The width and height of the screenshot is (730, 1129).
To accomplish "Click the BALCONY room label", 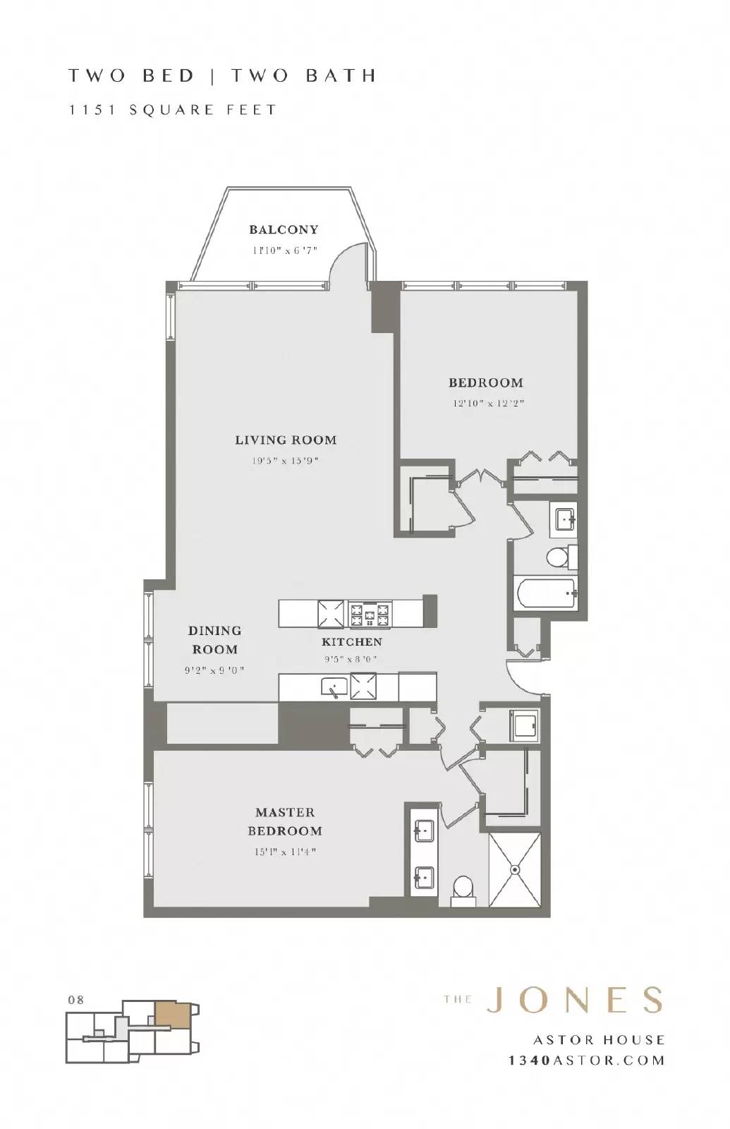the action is click(x=284, y=230).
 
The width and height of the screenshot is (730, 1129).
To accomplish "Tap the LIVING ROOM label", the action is click(x=286, y=440).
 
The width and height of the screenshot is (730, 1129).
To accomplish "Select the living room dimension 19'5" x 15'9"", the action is click(x=285, y=461).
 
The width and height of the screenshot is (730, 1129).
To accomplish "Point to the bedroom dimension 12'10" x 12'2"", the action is click(x=489, y=403).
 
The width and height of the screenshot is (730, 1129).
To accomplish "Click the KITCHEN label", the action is click(x=352, y=641).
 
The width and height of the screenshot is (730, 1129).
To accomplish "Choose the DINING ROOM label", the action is click(x=214, y=639).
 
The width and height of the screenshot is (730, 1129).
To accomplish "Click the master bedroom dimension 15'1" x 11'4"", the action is click(x=285, y=852).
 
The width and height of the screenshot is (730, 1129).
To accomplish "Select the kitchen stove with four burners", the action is click(x=370, y=614).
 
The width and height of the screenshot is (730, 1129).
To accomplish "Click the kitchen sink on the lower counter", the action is click(x=334, y=687).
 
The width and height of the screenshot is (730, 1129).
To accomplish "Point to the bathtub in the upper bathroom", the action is click(x=545, y=593).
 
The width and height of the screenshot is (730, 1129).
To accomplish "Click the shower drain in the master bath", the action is click(x=514, y=869).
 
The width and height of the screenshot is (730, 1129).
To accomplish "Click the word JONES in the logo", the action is click(x=574, y=1001).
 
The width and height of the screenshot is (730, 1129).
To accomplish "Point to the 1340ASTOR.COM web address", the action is click(x=586, y=1061).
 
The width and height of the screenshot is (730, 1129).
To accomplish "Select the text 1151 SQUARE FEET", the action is click(x=172, y=110).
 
